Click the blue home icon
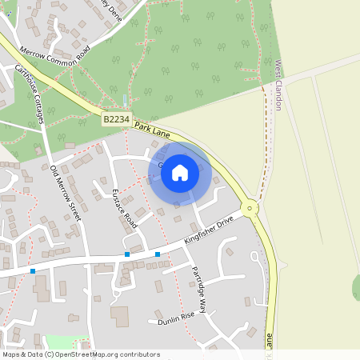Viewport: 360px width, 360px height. pyautogui.click(x=180, y=172)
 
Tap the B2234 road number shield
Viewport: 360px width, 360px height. pyautogui.click(x=116, y=118)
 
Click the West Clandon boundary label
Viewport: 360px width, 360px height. pyautogui.click(x=279, y=83)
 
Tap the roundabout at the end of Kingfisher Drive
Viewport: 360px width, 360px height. pyautogui.click(x=251, y=210)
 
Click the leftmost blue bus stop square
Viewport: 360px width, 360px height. pyautogui.click(x=33, y=271)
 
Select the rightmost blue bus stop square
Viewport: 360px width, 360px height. pyautogui.click(x=158, y=254)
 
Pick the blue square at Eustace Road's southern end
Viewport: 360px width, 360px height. pyautogui.click(x=126, y=254)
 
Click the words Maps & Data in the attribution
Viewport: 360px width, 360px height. pyautogui.click(x=22, y=354)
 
